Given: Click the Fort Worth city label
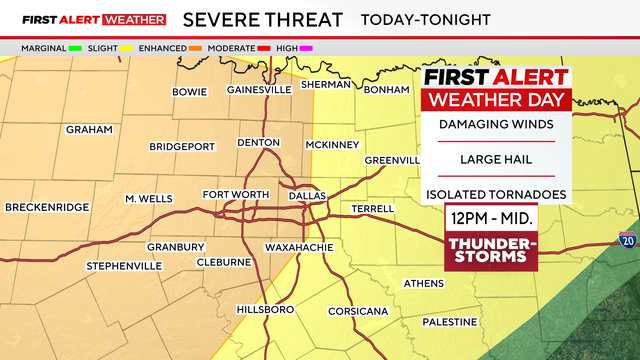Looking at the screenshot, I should (x=236, y=194).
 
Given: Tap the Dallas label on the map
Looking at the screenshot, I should (x=307, y=196).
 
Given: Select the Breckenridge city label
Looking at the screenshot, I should (x=47, y=207).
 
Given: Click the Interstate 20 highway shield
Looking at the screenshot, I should (x=627, y=240).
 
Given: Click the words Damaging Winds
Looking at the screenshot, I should (x=495, y=124).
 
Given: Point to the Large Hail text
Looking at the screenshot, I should (x=495, y=159).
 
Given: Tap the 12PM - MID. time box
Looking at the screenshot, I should (x=490, y=218).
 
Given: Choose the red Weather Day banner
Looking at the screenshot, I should (x=495, y=99).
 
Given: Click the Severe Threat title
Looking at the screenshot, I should (x=265, y=19).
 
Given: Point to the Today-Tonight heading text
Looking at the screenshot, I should (x=427, y=19).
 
